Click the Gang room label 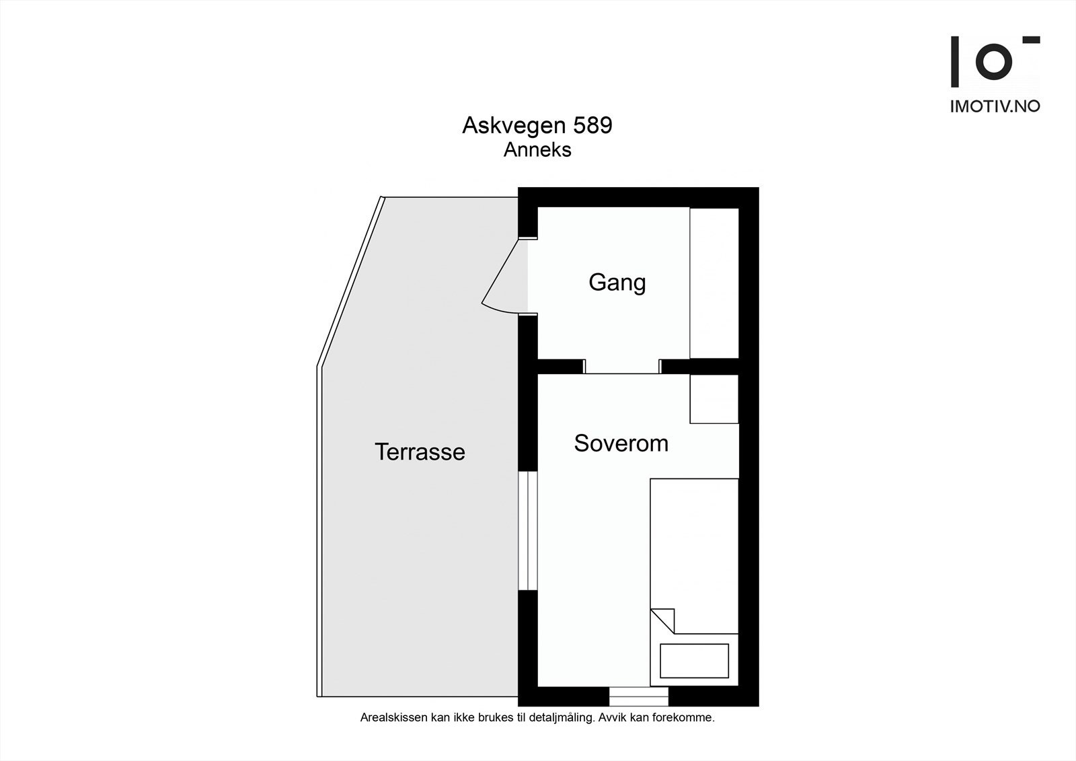pyautogui.click(x=617, y=283)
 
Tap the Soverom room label pyautogui.click(x=621, y=443)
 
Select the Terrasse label pyautogui.click(x=420, y=452)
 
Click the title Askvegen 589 pyautogui.click(x=537, y=126)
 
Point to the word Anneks pyautogui.click(x=537, y=150)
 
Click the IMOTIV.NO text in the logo pyautogui.click(x=995, y=106)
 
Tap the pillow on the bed pyautogui.click(x=694, y=661)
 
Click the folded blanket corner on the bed pyautogui.click(x=664, y=619)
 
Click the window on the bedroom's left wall pyautogui.click(x=528, y=532)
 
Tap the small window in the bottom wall pyautogui.click(x=638, y=696)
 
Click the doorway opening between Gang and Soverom pyautogui.click(x=621, y=367)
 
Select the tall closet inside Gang pyautogui.click(x=714, y=283)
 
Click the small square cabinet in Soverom pyautogui.click(x=714, y=399)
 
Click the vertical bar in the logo pyautogui.click(x=954, y=62)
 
